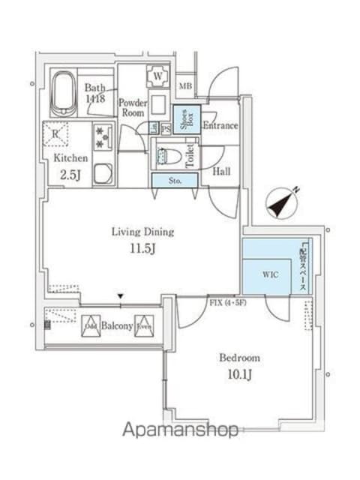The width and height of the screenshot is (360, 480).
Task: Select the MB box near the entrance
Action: (x=185, y=86)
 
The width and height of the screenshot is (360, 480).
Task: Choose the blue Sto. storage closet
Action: (x=174, y=180)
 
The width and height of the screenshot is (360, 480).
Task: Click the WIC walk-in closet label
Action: (x=271, y=274)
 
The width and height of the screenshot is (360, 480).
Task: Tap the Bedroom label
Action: (x=240, y=357)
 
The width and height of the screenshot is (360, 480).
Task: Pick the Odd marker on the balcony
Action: (x=91, y=325)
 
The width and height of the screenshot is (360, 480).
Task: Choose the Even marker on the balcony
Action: (x=144, y=325)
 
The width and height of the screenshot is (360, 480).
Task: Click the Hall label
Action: (x=221, y=172)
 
